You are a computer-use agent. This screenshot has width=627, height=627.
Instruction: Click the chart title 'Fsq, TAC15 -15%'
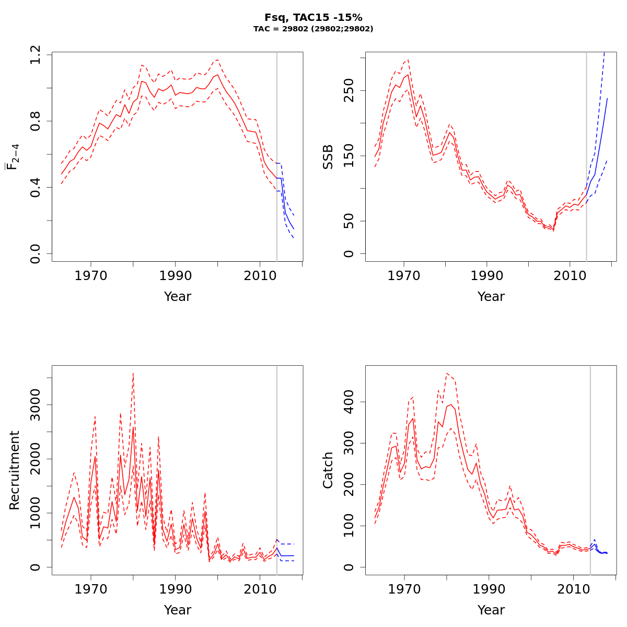click(x=313, y=18)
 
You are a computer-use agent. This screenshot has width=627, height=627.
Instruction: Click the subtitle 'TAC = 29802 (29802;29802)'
click(x=313, y=29)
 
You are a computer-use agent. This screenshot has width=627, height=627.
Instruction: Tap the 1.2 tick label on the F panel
click(x=36, y=55)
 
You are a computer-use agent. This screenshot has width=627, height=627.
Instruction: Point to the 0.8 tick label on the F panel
click(x=36, y=121)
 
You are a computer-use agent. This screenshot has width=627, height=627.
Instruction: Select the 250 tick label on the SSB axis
click(x=349, y=90)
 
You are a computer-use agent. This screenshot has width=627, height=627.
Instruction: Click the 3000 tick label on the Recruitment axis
click(x=36, y=405)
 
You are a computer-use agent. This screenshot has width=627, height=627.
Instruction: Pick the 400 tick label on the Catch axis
click(x=349, y=402)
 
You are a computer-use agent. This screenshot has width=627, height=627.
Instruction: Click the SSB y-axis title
click(x=328, y=157)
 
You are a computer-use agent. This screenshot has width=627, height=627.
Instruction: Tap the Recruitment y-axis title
click(x=15, y=470)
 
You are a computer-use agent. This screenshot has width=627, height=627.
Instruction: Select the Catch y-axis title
click(x=328, y=470)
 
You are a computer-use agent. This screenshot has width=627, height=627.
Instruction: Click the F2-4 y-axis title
click(x=13, y=157)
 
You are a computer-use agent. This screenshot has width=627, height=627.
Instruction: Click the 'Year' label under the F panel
click(x=178, y=297)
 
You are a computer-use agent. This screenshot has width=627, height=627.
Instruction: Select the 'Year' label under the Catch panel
click(x=491, y=610)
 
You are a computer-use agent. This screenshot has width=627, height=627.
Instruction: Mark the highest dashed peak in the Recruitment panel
click(x=133, y=373)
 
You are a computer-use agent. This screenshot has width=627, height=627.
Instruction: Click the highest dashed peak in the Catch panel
click(x=447, y=373)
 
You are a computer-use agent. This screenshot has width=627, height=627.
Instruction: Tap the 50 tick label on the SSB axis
click(x=349, y=221)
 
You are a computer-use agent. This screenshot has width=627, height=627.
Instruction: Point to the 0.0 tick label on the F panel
click(x=36, y=254)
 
